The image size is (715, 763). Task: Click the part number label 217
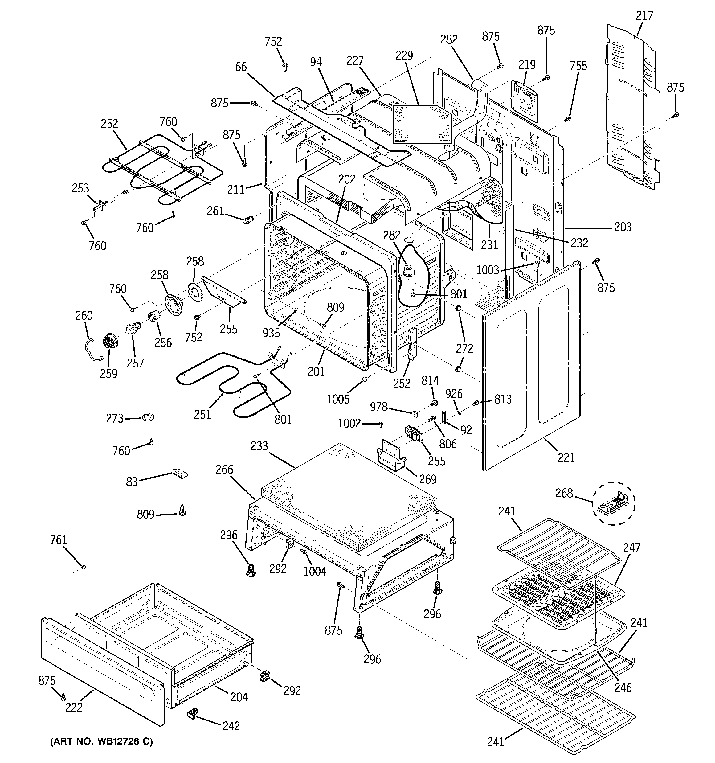pos(644,16)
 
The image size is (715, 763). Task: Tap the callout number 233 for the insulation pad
pos(259,446)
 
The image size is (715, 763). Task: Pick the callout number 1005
pos(338,399)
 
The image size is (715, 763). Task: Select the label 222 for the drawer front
pos(74,707)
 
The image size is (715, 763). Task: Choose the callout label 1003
pos(488,270)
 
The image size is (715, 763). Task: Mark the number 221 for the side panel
pos(566,457)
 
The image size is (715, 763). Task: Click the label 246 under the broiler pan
pos(623,687)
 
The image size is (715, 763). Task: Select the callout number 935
pos(271,333)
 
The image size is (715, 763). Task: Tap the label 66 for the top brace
pos(241,67)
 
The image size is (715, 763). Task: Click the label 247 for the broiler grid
pos(631,548)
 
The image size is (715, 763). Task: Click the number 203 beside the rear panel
pos(623,227)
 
